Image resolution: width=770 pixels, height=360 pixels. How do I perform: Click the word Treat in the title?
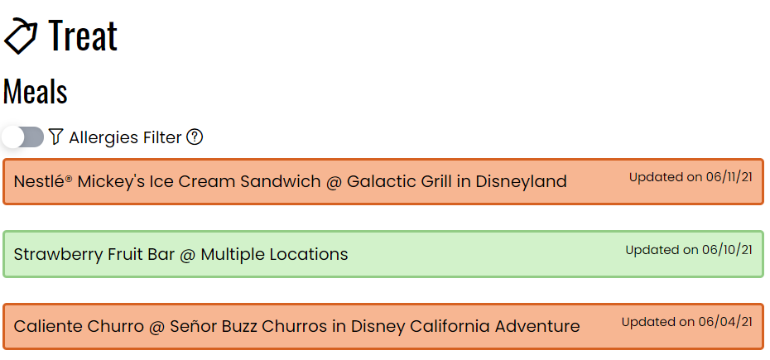(x=83, y=35)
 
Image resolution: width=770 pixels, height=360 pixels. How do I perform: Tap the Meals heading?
(x=35, y=91)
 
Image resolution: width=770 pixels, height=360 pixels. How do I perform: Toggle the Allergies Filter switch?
(x=22, y=137)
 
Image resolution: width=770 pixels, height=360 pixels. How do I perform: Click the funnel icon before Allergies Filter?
(x=56, y=137)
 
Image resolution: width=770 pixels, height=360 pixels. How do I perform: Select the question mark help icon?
(x=195, y=137)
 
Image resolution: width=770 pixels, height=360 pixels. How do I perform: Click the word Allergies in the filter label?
(x=103, y=138)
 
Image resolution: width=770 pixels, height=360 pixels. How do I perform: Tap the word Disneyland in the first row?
(x=521, y=182)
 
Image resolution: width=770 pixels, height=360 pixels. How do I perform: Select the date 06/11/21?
(x=729, y=177)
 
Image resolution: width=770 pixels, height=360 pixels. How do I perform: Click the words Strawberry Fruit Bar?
(x=94, y=255)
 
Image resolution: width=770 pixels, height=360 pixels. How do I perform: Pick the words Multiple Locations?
(x=275, y=254)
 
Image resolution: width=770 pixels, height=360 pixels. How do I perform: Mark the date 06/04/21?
(x=724, y=322)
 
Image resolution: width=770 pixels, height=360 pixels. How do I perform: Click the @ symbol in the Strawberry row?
(x=188, y=255)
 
